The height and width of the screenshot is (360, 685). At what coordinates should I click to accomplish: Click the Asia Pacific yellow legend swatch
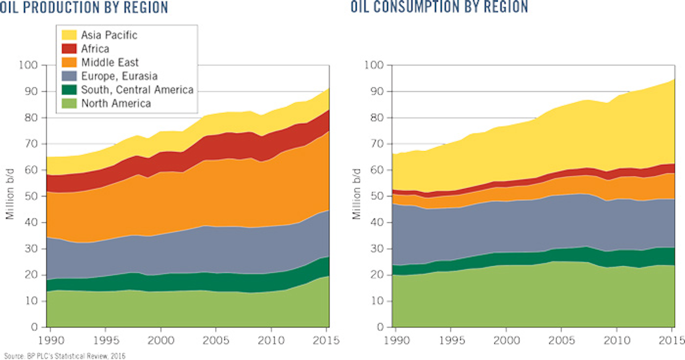[x=70, y=35]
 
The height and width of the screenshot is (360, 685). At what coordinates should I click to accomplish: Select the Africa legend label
[x=95, y=49]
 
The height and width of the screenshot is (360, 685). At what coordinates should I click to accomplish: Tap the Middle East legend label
[x=110, y=62]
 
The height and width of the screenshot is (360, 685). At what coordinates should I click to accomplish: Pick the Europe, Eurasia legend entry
[x=119, y=76]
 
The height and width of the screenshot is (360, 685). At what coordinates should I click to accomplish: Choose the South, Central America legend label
[x=137, y=90]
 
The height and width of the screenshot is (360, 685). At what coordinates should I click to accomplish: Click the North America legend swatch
[x=70, y=103]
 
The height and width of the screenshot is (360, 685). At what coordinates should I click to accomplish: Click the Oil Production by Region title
[x=84, y=7]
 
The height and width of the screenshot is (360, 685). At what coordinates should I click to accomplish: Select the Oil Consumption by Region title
[x=438, y=7]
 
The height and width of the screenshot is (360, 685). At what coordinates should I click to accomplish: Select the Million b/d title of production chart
[x=9, y=196]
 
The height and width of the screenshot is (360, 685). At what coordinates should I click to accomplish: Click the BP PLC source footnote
[x=63, y=356]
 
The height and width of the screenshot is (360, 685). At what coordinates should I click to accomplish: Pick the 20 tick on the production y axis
[x=32, y=275]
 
